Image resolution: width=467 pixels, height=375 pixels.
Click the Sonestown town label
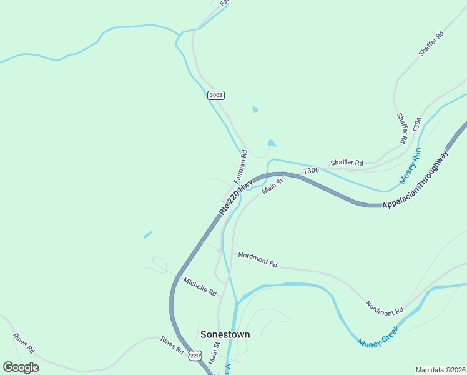click(x=225, y=334)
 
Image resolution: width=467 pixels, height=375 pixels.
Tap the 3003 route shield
click(x=215, y=95)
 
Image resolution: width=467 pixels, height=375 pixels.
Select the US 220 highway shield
click(x=195, y=355)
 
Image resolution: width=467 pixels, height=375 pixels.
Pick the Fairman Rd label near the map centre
click(x=241, y=166)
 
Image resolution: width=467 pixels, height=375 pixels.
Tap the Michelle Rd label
click(x=200, y=287)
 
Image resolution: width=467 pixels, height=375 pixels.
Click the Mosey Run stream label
click(x=410, y=165)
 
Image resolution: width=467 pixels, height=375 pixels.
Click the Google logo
click(x=21, y=367)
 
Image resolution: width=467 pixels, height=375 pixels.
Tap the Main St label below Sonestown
click(x=214, y=353)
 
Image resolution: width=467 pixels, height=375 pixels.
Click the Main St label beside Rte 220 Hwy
click(x=273, y=186)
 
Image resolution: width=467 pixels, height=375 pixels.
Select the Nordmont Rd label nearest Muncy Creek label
click(x=384, y=306)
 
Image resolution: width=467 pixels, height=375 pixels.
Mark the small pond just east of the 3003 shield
click(x=255, y=109)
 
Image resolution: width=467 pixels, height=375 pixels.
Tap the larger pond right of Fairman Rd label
click(x=272, y=143)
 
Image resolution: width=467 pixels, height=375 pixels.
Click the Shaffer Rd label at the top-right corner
click(x=431, y=44)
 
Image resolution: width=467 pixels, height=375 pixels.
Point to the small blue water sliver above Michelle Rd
click(x=147, y=235)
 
